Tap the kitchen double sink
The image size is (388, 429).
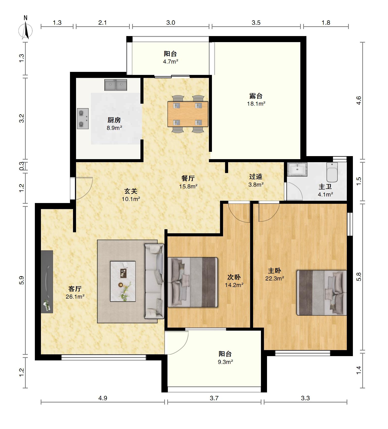point(116,85)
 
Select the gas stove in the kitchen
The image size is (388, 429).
point(83,119)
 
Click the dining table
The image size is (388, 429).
point(188,114)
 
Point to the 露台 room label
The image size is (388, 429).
point(256,96)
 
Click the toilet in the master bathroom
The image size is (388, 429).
point(332,172)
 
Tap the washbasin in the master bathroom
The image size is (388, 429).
point(297,169)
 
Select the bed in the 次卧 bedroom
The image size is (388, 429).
point(193,282)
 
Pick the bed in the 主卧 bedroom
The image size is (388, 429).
point(322,293)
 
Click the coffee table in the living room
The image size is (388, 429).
point(123,281)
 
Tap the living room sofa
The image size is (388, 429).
point(154,281)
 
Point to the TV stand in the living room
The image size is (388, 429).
point(47,282)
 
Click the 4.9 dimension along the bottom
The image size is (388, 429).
point(103,398)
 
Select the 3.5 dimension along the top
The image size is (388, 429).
point(256,23)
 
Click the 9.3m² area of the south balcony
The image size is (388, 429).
point(225,362)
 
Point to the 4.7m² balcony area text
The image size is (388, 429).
point(171,62)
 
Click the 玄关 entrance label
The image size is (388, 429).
point(131,191)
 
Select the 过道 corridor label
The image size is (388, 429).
point(256,177)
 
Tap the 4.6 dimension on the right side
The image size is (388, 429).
point(359,101)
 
